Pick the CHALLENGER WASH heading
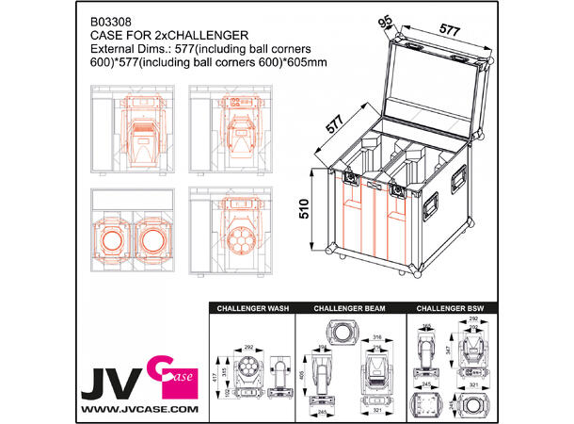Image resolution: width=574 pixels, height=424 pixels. pyautogui.click(x=250, y=308)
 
